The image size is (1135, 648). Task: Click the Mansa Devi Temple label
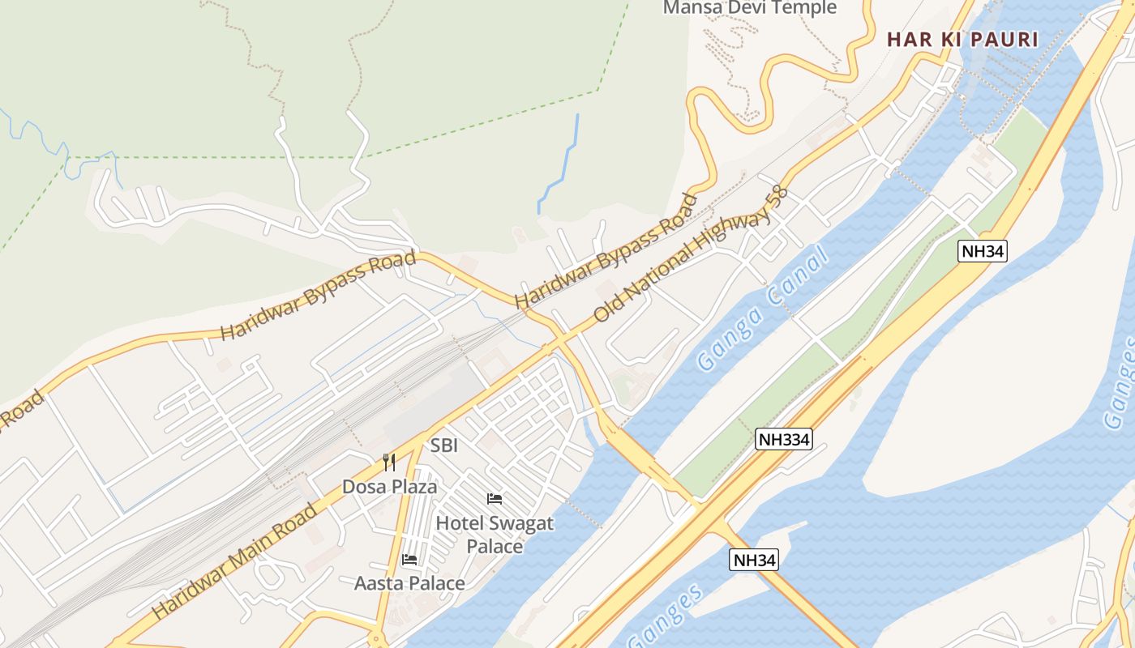(x=749, y=8)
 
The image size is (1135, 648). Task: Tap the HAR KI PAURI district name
(x=962, y=39)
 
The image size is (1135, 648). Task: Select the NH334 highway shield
(x=783, y=439)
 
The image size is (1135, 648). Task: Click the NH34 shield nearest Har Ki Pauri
(x=983, y=251)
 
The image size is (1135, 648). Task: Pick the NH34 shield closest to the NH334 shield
(x=754, y=560)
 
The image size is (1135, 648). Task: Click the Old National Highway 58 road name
(x=690, y=254)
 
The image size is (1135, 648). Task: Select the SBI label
(x=444, y=445)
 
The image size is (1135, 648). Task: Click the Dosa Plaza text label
(x=389, y=487)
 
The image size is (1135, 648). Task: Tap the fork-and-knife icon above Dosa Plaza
(x=389, y=463)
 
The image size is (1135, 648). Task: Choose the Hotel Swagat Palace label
(x=495, y=535)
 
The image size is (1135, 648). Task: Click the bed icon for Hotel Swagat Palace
(x=495, y=498)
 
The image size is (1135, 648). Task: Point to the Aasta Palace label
(x=409, y=583)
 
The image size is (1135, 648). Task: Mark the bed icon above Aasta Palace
(x=409, y=559)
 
